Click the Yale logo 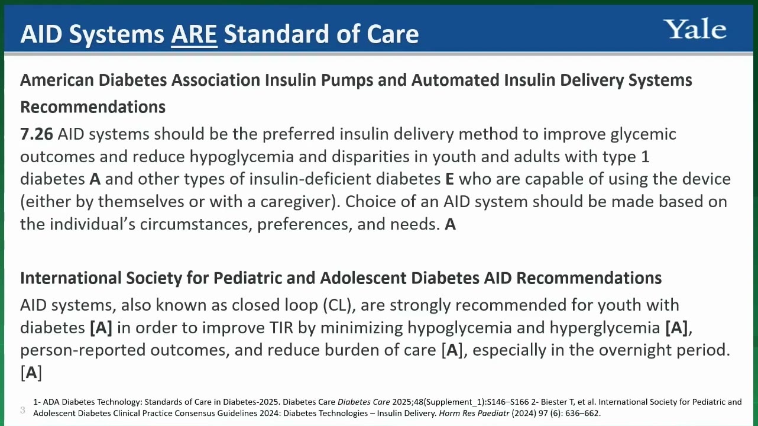pyautogui.click(x=697, y=29)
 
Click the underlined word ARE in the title pyautogui.click(x=195, y=34)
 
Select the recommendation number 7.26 pyautogui.click(x=37, y=134)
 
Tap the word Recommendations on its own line pyautogui.click(x=93, y=107)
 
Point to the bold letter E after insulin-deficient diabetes pyautogui.click(x=449, y=179)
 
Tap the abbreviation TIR pyautogui.click(x=281, y=328)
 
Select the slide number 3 pyautogui.click(x=22, y=410)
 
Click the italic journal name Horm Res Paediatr pyautogui.click(x=474, y=414)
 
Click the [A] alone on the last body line pyautogui.click(x=31, y=373)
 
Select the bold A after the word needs pyautogui.click(x=450, y=224)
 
